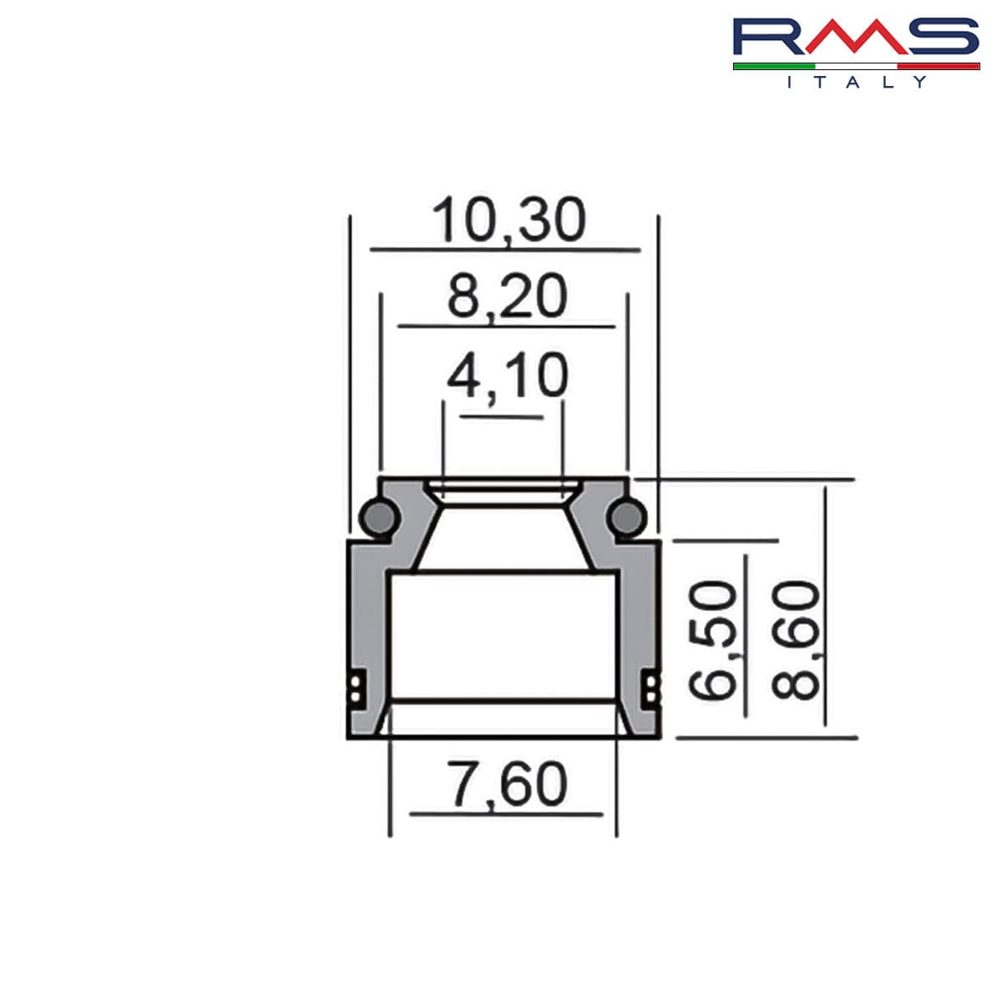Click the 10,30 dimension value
click(509, 220)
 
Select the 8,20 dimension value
click(507, 296)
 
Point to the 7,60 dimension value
click(507, 784)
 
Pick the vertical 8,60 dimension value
click(796, 639)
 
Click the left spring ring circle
click(378, 519)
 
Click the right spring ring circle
click(625, 519)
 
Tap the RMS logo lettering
click(855, 38)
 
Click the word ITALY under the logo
click(856, 82)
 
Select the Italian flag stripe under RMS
click(856, 66)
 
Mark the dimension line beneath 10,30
click(505, 249)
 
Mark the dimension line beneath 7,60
click(506, 813)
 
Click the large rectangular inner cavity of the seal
click(504, 635)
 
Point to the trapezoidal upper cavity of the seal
click(504, 530)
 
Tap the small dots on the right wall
click(650, 688)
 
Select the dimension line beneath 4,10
click(502, 417)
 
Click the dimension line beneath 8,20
click(506, 326)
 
